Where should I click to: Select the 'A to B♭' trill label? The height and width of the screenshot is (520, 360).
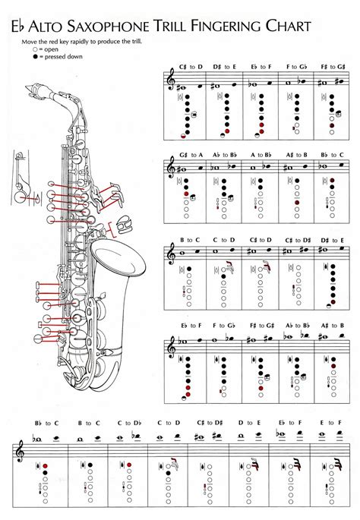263,155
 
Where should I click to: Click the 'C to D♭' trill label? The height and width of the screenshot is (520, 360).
129,422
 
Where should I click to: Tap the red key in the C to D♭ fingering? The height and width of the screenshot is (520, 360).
125,465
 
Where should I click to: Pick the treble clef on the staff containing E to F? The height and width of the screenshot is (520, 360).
15,450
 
